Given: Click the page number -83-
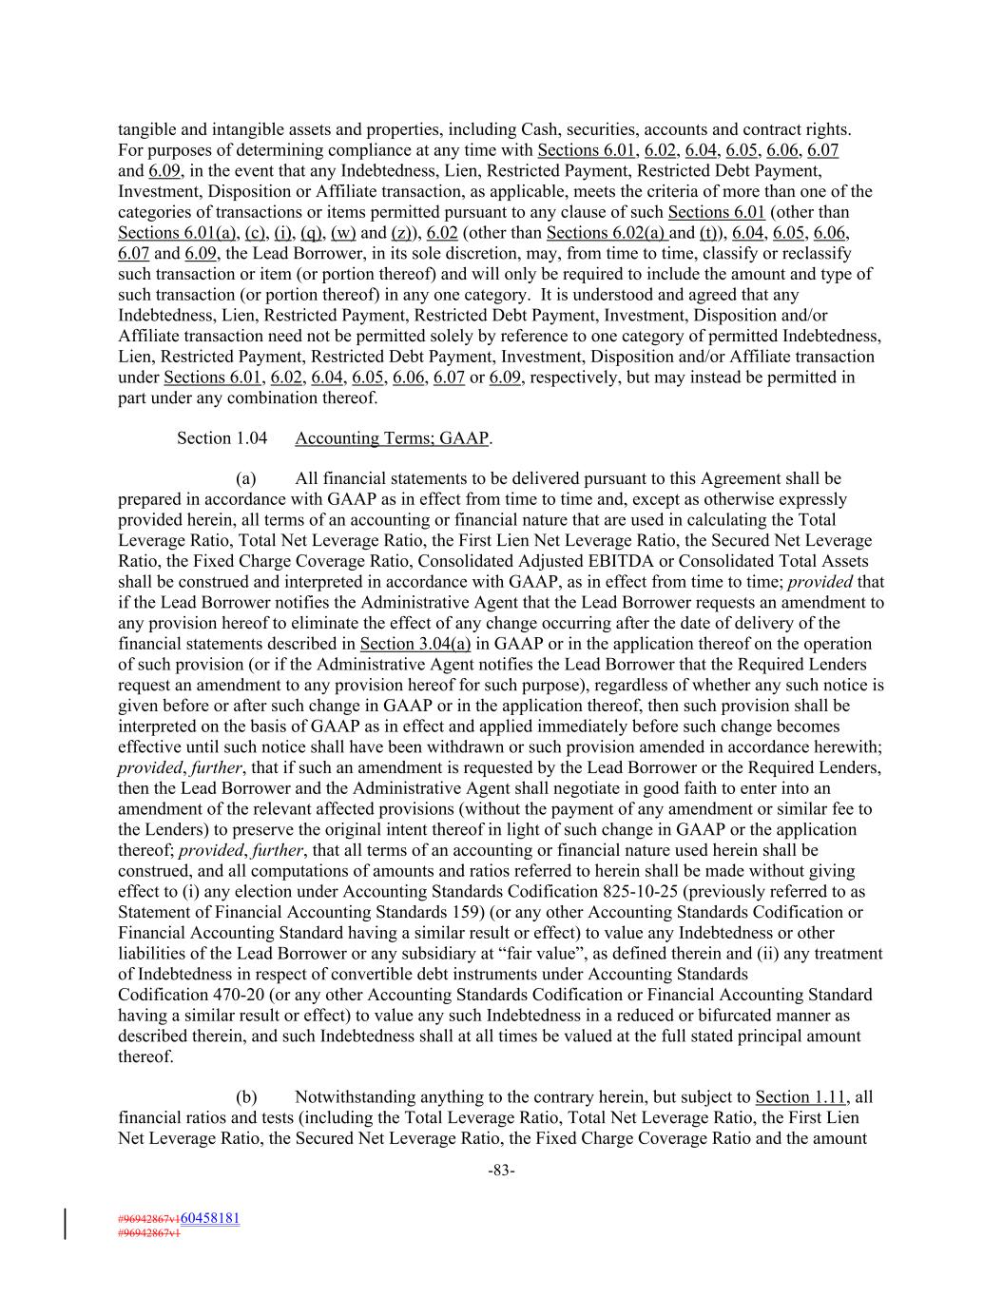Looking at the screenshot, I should point(501,1172).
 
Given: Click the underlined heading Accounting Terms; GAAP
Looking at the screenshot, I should point(393,438).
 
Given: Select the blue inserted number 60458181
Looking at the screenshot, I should point(209,1218).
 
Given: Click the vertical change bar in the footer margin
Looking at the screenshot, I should point(66,1224).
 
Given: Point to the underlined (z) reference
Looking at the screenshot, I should point(402,233).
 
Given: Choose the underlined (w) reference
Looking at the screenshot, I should point(343,233).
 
